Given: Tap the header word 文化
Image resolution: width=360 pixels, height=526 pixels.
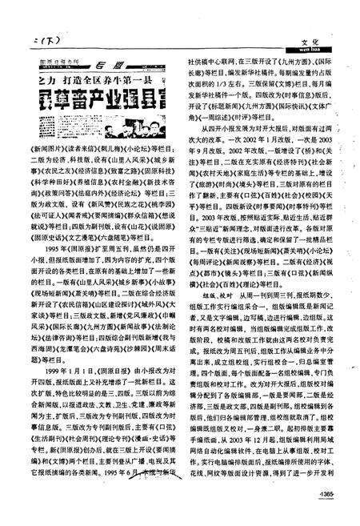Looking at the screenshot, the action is [x=311, y=36].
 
